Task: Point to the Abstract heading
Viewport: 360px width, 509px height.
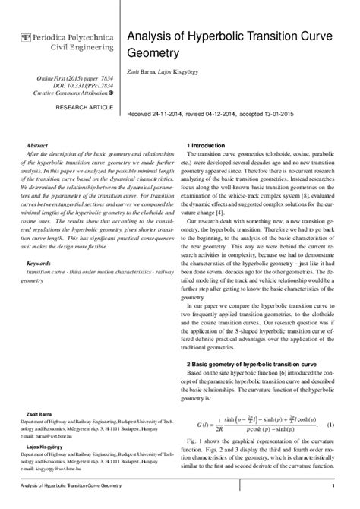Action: pos(37,144)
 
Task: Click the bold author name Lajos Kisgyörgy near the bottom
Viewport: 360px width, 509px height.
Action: pos(43,448)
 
